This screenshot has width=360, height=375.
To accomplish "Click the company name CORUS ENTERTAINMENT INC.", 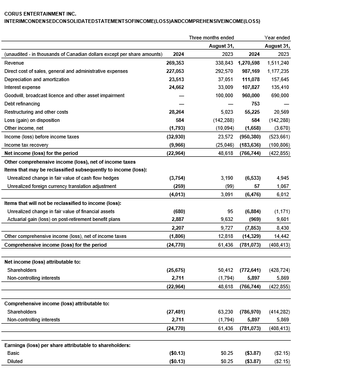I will (x=40, y=14).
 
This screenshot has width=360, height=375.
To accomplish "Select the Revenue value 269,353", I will (x=175, y=63).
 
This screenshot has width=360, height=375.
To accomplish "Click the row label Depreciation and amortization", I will (x=37, y=79).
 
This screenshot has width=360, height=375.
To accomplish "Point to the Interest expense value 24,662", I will (x=175, y=87).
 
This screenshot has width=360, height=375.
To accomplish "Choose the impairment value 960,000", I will (x=249, y=95).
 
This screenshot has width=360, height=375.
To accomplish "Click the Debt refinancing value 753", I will (x=256, y=104).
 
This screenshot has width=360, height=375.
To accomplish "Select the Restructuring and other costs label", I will (x=36, y=112).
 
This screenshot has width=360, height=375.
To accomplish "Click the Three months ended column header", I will (x=211, y=38).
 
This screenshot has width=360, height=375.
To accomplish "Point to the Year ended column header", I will (x=277, y=38).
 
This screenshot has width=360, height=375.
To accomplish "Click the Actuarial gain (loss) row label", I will (x=64, y=220).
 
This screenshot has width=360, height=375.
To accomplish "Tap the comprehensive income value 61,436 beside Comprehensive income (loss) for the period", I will (x=224, y=245).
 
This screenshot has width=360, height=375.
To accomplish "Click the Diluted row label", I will (x=15, y=361).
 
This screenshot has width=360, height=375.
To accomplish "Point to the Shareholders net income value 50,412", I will (x=224, y=270).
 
